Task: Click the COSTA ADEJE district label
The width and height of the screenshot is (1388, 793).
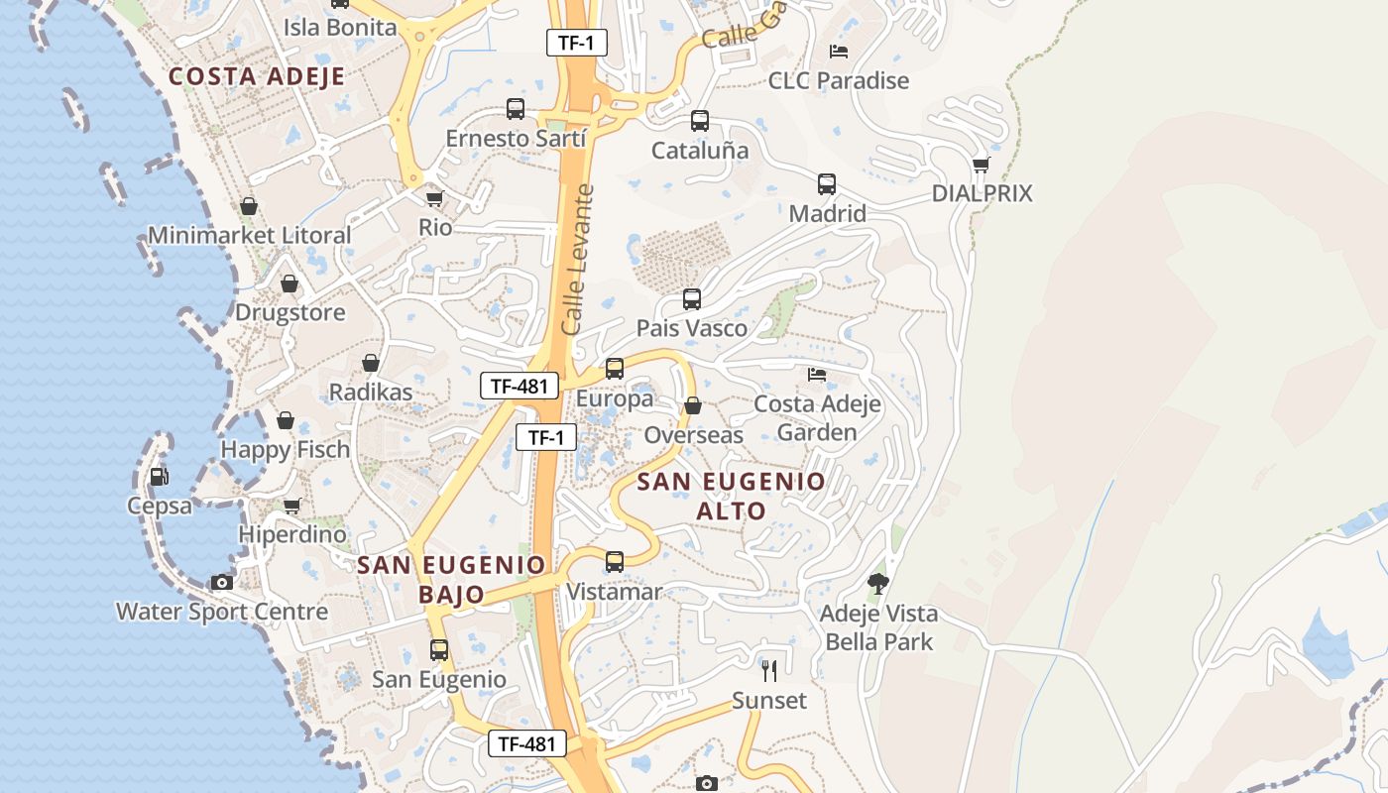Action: [x=257, y=76]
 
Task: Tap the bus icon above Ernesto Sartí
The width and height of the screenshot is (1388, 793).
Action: [x=516, y=109]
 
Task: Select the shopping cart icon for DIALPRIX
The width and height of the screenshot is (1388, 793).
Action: [x=982, y=165]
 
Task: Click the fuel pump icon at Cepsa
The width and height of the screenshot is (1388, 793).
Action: [x=159, y=477]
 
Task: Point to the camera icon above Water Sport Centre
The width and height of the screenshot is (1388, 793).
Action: [x=222, y=582]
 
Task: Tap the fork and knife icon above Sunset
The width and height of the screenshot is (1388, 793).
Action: [x=769, y=671]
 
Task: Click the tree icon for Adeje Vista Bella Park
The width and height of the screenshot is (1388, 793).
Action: [x=877, y=583]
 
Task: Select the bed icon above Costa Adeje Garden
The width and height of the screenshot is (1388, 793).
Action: [x=817, y=375]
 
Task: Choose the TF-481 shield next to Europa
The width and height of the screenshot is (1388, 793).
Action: [x=520, y=386]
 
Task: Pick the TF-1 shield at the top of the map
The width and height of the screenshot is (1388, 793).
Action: [x=576, y=43]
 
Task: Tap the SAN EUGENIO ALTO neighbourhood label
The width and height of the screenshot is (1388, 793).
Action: [x=731, y=496]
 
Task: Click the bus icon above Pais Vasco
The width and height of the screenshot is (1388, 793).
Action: [x=692, y=299]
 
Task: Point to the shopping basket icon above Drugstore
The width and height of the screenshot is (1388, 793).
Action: [x=289, y=284]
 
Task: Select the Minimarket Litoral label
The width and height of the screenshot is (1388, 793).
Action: [x=250, y=235]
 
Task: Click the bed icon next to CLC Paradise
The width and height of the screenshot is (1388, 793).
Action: [x=839, y=52]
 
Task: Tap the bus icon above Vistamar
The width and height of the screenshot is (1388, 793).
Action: [x=615, y=562]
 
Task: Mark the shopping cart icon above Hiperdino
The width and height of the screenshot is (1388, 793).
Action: [x=292, y=507]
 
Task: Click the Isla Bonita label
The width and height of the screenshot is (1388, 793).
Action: [x=340, y=27]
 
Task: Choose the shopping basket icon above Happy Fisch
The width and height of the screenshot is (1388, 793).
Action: [x=286, y=421]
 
